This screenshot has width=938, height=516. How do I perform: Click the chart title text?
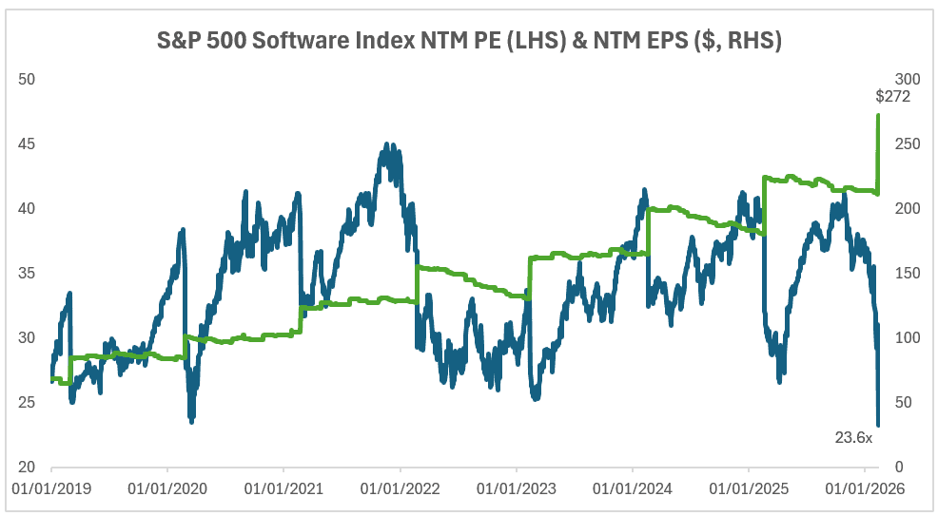[469, 42]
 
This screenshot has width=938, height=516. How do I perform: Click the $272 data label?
[892, 96]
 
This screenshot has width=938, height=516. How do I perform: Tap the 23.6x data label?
[853, 437]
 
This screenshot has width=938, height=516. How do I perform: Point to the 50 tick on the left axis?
[27, 79]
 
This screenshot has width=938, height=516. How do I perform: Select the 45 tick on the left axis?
[27, 143]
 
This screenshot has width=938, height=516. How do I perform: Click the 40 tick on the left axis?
[27, 208]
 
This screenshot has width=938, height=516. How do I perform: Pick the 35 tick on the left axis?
[27, 273]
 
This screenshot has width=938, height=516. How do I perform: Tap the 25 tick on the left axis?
[27, 403]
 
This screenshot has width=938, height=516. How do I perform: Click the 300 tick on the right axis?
[909, 79]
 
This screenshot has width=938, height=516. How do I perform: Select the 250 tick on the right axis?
[909, 143]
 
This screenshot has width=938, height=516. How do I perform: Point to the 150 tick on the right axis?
[909, 273]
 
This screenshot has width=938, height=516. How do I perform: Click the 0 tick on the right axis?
[901, 468]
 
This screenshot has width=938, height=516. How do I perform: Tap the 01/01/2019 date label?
[51, 489]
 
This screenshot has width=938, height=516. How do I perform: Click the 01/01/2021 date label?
[283, 489]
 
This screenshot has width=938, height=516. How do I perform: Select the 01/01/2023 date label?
[516, 489]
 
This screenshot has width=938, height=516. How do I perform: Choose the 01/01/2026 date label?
[864, 489]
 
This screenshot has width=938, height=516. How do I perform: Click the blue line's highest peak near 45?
[386, 144]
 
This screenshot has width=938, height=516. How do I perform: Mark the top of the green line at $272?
[877, 116]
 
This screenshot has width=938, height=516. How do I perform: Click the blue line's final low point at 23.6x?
[878, 425]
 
